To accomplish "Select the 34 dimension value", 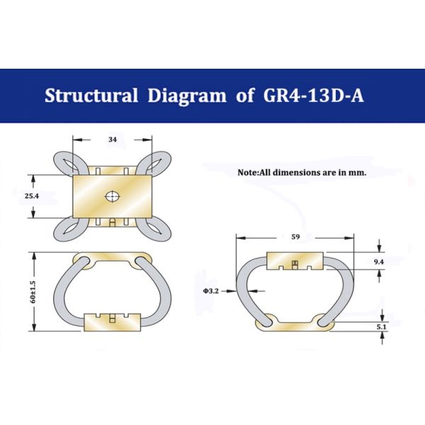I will pos(113,140).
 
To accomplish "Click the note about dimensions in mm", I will pos(302,172).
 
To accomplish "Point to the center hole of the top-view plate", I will pos(113,195).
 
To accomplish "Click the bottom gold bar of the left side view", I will pos(113,322).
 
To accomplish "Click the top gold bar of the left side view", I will pos(113,259).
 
